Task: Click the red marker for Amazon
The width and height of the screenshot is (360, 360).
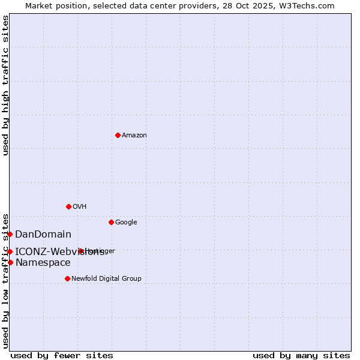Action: tap(118, 135)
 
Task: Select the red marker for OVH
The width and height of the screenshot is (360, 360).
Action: tap(68, 206)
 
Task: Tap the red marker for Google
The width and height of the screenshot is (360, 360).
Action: tap(111, 222)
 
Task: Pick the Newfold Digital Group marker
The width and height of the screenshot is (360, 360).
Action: tap(67, 278)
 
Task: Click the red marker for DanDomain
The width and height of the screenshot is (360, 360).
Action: tap(10, 234)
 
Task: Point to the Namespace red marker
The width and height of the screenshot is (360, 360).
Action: tap(10, 262)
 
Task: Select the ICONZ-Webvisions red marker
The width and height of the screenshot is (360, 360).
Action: tap(10, 251)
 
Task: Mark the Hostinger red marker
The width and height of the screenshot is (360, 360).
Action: tap(81, 251)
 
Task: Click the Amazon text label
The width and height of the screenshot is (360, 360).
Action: tap(134, 136)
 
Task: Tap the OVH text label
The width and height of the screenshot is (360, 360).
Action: tap(80, 207)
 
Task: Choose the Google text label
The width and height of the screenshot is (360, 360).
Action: tap(126, 223)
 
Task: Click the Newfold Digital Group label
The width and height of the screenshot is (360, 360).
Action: tap(107, 279)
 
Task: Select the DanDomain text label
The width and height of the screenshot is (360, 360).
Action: tap(43, 235)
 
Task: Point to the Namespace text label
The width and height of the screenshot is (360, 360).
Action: tap(43, 263)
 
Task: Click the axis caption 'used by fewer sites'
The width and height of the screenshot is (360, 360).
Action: tap(62, 356)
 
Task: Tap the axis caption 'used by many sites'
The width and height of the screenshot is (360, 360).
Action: tap(301, 356)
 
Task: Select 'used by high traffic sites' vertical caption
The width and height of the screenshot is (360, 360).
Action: tap(5, 85)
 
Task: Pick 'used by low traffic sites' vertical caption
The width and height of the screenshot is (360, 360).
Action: tap(5, 280)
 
